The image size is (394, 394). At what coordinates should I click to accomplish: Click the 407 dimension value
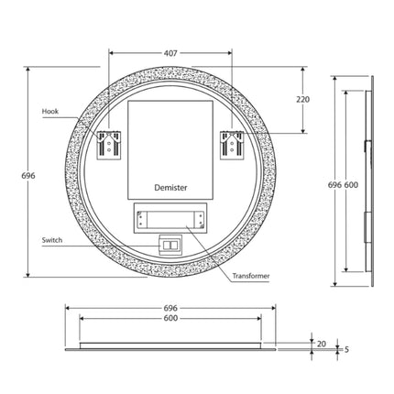point(171,52)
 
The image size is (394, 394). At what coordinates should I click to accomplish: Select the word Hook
point(50,112)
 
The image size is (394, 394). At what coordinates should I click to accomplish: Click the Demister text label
point(170,186)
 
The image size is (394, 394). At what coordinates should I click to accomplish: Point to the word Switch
point(52,240)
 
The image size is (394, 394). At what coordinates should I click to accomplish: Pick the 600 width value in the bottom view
point(170,318)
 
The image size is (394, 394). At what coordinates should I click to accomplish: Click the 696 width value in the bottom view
point(170,308)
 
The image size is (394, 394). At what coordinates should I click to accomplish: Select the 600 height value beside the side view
point(351,184)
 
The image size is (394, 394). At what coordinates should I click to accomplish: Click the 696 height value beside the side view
point(334,184)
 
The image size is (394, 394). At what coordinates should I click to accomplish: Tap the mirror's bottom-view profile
point(170,345)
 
